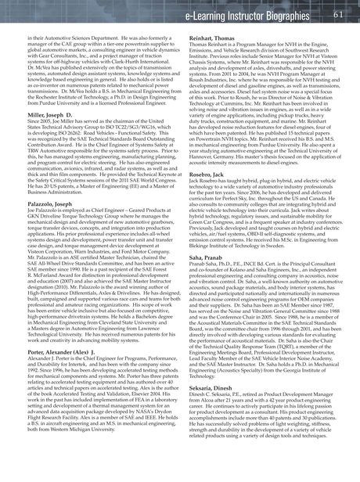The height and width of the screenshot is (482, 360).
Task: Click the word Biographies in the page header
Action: [x=302, y=15]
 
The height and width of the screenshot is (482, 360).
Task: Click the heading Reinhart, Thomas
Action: [x=211, y=38]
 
